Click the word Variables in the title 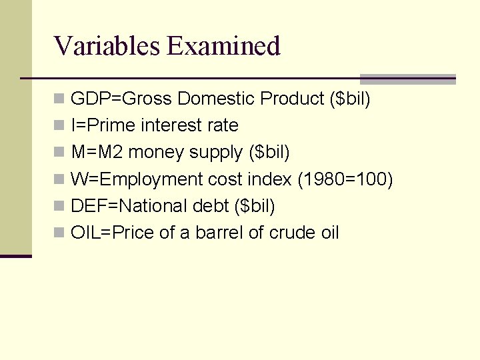(x=107, y=46)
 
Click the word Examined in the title (x=224, y=46)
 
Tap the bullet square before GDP (x=59, y=99)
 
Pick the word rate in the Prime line (x=223, y=125)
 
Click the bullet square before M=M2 (x=59, y=153)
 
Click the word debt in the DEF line (x=211, y=206)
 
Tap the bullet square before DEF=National (x=59, y=206)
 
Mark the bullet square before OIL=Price (x=59, y=233)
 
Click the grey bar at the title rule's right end (x=407, y=79)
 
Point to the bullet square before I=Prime (x=59, y=126)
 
